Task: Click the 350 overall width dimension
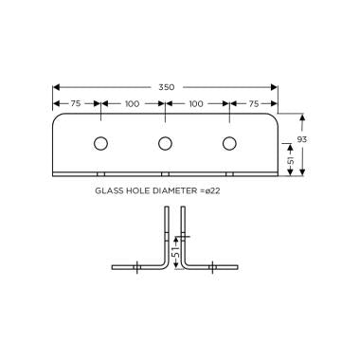pyautogui.click(x=166, y=87)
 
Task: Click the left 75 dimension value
pyautogui.click(x=76, y=103)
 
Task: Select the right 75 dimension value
pyautogui.click(x=254, y=103)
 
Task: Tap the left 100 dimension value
pyautogui.click(x=132, y=103)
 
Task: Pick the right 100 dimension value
pyautogui.click(x=196, y=103)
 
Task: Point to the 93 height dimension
pyautogui.click(x=302, y=139)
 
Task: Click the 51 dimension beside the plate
pyautogui.click(x=291, y=160)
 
